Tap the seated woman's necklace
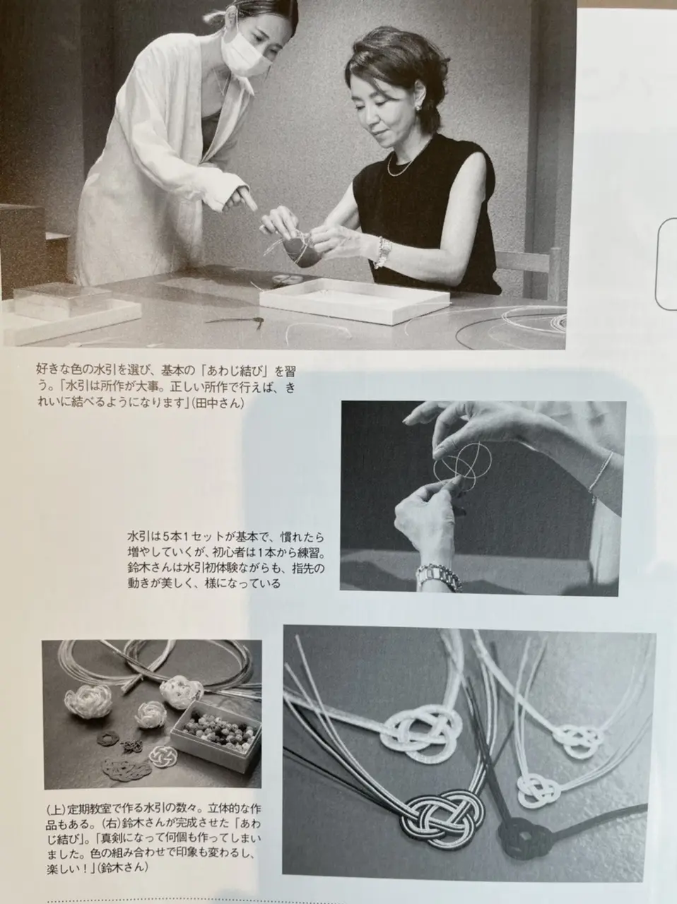pyautogui.click(x=406, y=162)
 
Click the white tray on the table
pyautogui.click(x=354, y=301)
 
